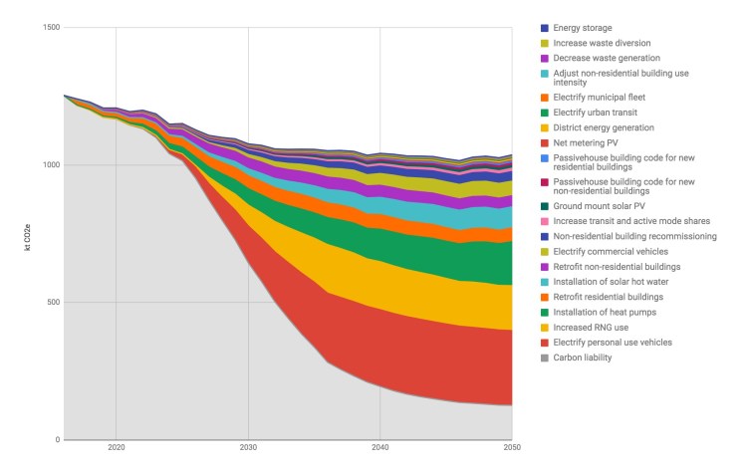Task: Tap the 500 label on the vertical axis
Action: (x=52, y=302)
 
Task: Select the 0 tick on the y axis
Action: (x=57, y=439)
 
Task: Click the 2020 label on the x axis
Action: (x=117, y=449)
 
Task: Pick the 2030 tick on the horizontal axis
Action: (x=248, y=449)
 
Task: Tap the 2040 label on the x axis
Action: (x=380, y=449)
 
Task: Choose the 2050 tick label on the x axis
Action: (x=511, y=449)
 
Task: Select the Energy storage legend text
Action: (x=583, y=28)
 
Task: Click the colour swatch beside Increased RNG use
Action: (x=544, y=327)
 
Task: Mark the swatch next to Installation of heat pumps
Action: (x=544, y=312)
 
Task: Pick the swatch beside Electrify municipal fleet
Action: (x=544, y=98)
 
